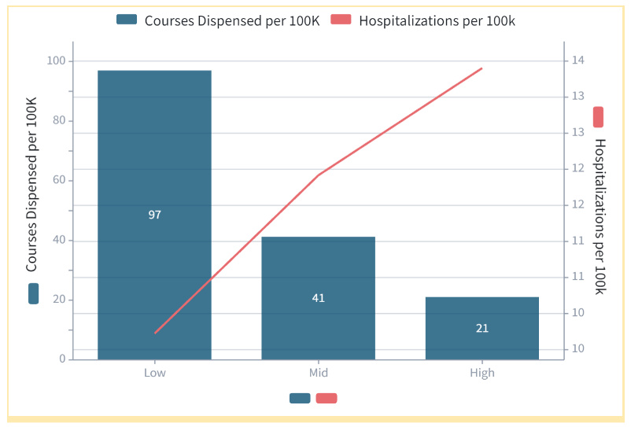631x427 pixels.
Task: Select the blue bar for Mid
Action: [x=318, y=267]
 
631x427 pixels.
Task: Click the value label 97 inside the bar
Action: [x=154, y=215]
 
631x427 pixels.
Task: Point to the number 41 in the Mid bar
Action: [x=318, y=298]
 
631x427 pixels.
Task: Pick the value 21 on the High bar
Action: [x=482, y=328]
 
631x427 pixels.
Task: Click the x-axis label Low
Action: [x=154, y=373]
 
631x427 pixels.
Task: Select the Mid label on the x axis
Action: [x=318, y=373]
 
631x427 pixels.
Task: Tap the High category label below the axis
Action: [x=482, y=373]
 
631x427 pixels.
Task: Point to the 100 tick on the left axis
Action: [x=56, y=61]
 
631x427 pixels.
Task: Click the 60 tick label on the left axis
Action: [x=59, y=181]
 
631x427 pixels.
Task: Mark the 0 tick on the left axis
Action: [x=62, y=359]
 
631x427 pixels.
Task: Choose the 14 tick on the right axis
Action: [x=577, y=61]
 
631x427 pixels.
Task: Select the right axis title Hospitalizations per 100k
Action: [x=600, y=216]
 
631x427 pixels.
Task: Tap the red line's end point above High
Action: [x=482, y=68]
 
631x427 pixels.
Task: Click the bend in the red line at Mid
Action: [x=318, y=175]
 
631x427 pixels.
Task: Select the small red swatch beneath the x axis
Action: [x=327, y=398]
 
